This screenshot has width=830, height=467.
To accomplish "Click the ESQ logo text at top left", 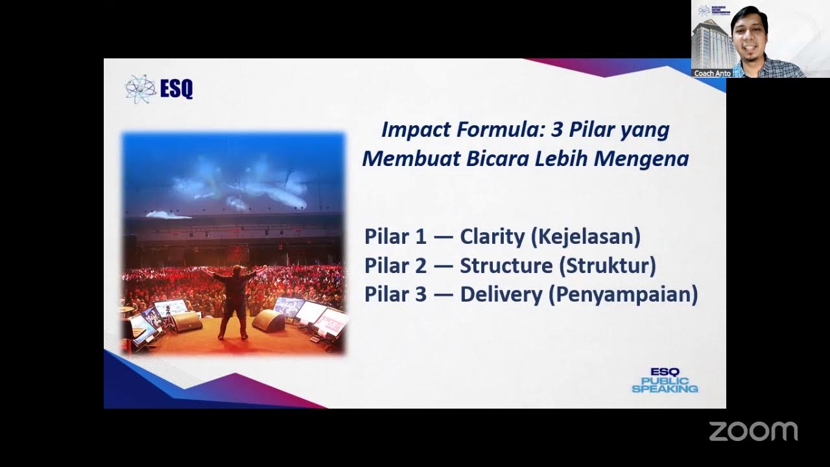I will tap(176, 88).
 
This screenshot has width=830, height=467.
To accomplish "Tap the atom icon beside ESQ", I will tap(140, 88).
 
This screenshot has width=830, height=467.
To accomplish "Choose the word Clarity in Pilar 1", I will tap(492, 237).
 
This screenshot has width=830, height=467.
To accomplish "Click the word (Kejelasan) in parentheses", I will tap(585, 237).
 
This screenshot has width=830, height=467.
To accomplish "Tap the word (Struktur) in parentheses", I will tap(607, 266).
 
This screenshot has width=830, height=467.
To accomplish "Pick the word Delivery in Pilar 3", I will tap(501, 295).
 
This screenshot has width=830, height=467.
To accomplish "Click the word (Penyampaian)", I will tap(623, 295).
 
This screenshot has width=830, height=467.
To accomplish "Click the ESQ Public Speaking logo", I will tap(665, 380).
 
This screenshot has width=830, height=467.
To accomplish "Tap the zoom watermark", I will tap(753, 431).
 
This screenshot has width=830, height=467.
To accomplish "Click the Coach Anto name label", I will tap(712, 73).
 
